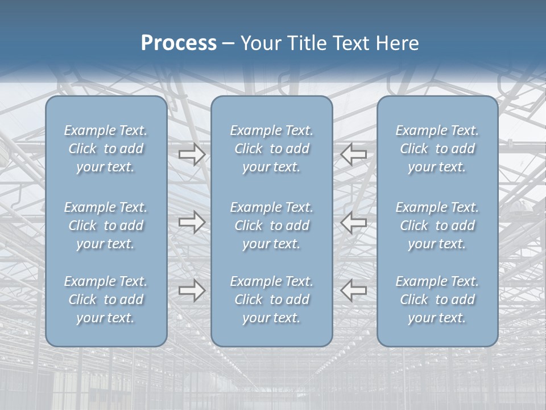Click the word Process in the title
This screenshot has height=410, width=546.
[x=179, y=43]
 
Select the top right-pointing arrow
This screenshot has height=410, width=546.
[x=192, y=154]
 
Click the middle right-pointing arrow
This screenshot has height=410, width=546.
[x=192, y=222]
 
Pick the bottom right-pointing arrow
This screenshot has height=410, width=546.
[x=192, y=290]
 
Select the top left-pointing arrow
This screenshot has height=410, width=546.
[x=354, y=154]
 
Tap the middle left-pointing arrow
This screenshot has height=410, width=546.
[x=354, y=222]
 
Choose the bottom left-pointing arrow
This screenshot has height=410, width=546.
[x=354, y=290]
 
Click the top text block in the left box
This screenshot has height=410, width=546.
[x=106, y=149]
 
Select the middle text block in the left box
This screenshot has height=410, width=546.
[x=106, y=225]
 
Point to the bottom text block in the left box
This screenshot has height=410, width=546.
[x=106, y=300]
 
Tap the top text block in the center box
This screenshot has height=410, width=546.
[x=271, y=149]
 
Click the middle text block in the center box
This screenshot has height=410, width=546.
[x=271, y=225]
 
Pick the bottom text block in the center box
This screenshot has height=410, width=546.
[x=271, y=300]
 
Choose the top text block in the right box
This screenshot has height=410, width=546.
[x=437, y=149]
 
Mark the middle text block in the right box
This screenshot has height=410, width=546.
[x=437, y=225]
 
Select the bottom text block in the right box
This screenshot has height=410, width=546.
[x=437, y=300]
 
